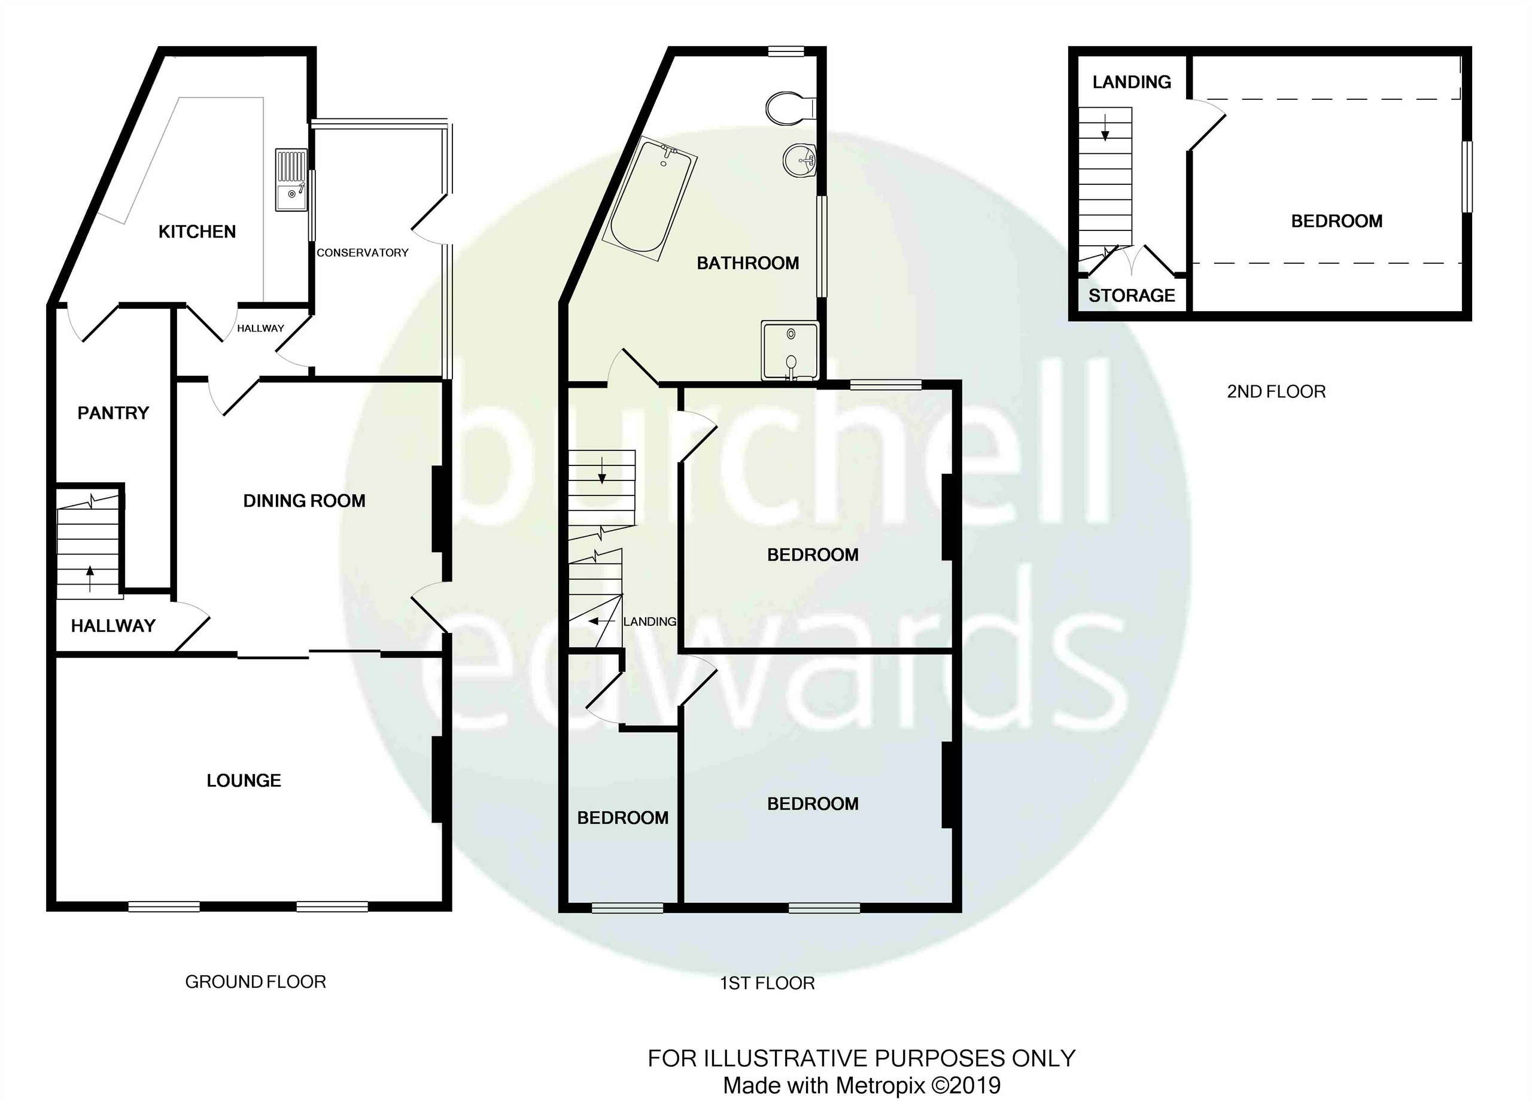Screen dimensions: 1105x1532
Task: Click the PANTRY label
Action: pos(113,413)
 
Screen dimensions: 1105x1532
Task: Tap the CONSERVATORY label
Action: pos(363,252)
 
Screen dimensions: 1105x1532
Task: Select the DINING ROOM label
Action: pos(304,501)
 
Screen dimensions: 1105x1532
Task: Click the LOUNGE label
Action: pos(243,781)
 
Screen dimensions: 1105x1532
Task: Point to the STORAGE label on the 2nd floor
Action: pos(1132,296)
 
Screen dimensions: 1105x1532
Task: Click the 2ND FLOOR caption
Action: pos(1276,392)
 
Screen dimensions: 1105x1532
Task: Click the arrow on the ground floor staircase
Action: pos(90,577)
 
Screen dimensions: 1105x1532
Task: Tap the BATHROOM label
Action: pos(748,263)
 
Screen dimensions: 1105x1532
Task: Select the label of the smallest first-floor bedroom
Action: pos(622,818)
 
